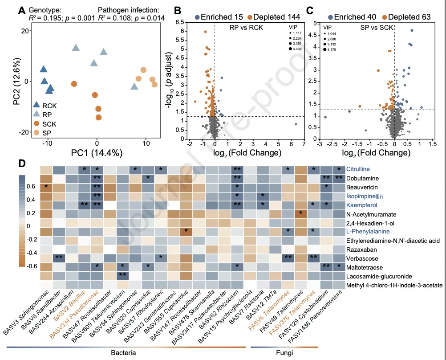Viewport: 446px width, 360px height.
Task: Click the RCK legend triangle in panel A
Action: [x=38, y=105]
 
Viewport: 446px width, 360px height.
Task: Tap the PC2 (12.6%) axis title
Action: [x=17, y=81]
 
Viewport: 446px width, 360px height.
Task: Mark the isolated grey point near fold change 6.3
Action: [x=296, y=124]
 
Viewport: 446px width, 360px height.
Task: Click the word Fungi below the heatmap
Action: [x=284, y=353]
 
